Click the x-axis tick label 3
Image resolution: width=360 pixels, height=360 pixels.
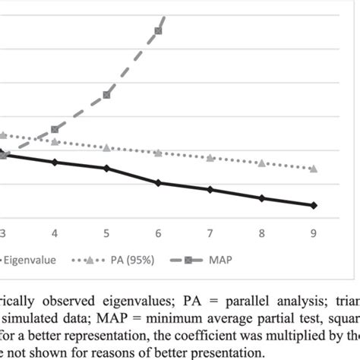pos(2,232)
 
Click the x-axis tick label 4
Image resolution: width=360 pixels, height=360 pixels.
pos(55,232)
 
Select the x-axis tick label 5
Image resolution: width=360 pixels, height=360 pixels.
pos(106,232)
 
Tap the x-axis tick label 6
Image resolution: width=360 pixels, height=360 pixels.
pos(158,232)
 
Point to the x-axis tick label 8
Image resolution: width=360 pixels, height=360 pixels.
pos(262,232)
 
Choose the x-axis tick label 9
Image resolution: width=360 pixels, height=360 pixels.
pos(314,232)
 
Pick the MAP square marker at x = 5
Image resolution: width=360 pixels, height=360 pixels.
pos(107,94)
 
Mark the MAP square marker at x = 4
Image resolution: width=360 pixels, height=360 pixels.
pos(55,130)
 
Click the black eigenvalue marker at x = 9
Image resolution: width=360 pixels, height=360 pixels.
pos(314,205)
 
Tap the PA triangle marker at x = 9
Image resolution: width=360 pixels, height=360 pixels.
pos(314,168)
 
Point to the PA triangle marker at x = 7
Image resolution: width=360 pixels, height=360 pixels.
pos(210,158)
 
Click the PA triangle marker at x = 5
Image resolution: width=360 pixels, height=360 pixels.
pos(107,147)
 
